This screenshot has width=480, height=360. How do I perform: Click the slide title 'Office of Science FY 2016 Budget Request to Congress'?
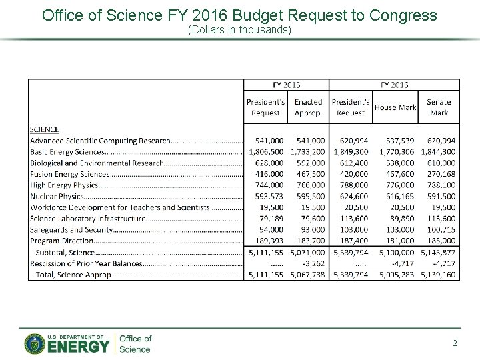coord(239,15)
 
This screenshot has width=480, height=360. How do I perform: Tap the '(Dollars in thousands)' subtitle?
coord(239,31)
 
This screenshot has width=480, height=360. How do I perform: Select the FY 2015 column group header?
coord(286,85)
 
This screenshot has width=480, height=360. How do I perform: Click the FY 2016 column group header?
coord(394,85)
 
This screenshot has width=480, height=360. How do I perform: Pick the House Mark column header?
coord(395,107)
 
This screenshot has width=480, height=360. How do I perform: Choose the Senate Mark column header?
coord(439,107)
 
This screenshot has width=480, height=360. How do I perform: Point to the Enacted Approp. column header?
coord(308,107)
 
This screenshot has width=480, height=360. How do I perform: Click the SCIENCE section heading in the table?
coord(45,129)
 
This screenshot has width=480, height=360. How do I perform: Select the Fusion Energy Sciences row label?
coord(69,174)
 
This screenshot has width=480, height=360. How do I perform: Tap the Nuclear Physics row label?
coord(57,197)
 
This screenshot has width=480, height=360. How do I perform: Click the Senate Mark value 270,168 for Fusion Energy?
coord(439,174)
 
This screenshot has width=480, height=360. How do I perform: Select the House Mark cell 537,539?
coord(396,141)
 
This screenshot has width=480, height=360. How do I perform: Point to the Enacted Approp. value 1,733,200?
coord(308,152)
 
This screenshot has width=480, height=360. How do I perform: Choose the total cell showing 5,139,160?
coord(438,275)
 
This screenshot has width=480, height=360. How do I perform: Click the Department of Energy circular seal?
coord(35,343)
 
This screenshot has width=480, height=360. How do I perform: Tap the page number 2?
coord(455,343)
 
